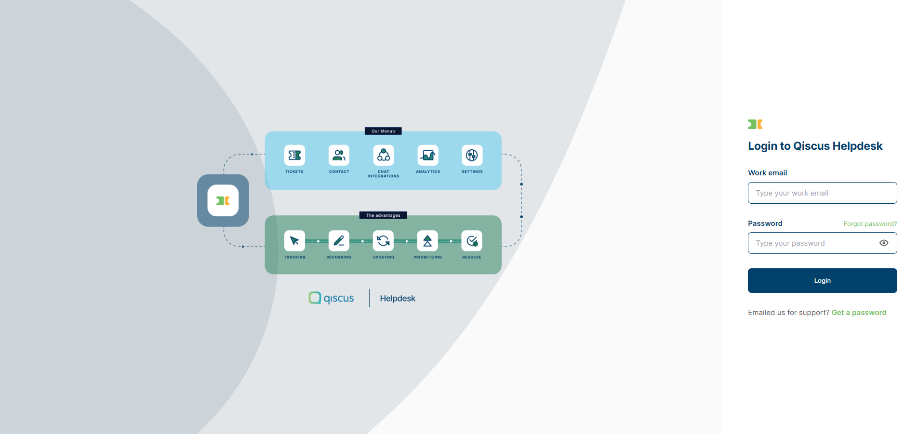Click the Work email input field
(822, 193)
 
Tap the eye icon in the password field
(883, 243)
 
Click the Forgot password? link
(870, 224)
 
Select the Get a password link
(859, 313)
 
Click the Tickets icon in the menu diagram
(294, 155)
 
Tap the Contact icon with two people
(339, 155)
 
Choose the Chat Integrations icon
(384, 155)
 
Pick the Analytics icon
(428, 155)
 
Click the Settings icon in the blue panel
(472, 155)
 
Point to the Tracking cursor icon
(294, 241)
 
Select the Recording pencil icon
(339, 241)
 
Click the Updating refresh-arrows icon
(383, 241)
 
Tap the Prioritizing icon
(427, 241)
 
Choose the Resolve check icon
(472, 241)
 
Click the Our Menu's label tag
(383, 131)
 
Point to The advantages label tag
(383, 215)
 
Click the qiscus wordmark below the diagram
(332, 298)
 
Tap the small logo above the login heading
(755, 124)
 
